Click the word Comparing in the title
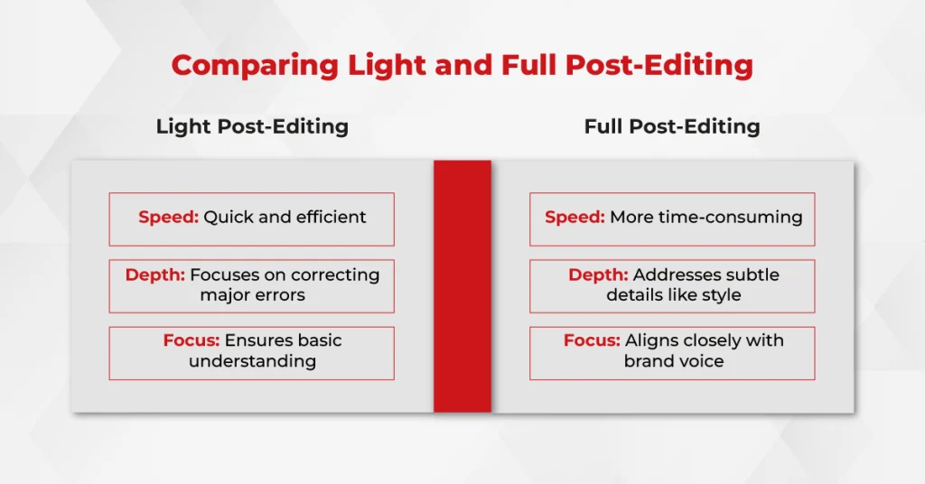(255, 65)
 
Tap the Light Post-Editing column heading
(253, 126)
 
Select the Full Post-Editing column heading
(672, 126)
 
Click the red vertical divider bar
(462, 286)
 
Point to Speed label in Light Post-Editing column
(169, 218)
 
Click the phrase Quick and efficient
(285, 217)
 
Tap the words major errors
(253, 294)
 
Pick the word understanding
(253, 361)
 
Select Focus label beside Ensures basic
(192, 340)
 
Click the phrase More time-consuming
(706, 217)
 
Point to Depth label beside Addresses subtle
(598, 275)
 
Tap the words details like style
(674, 294)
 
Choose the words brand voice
(674, 361)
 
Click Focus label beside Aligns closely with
(592, 340)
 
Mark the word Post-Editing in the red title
(659, 65)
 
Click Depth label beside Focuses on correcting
(155, 275)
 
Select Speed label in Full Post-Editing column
(575, 218)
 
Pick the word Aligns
(649, 340)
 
